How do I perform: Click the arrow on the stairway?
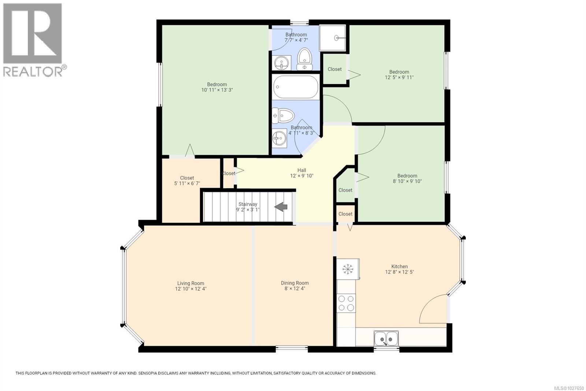point(281,207)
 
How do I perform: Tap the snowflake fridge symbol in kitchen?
point(347,269)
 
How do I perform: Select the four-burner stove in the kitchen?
point(346,303)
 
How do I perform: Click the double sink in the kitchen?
point(386,338)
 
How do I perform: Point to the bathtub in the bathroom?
point(296,87)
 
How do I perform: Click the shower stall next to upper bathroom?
point(333,38)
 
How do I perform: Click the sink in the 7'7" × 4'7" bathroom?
point(281,63)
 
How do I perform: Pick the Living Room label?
point(190,283)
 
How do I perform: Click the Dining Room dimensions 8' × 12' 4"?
point(295,289)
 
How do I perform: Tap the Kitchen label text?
point(399,267)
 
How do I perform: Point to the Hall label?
point(301,170)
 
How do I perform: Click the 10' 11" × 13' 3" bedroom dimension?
point(217,90)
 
